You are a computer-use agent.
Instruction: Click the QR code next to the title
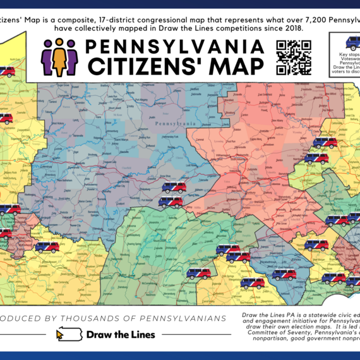294,56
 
